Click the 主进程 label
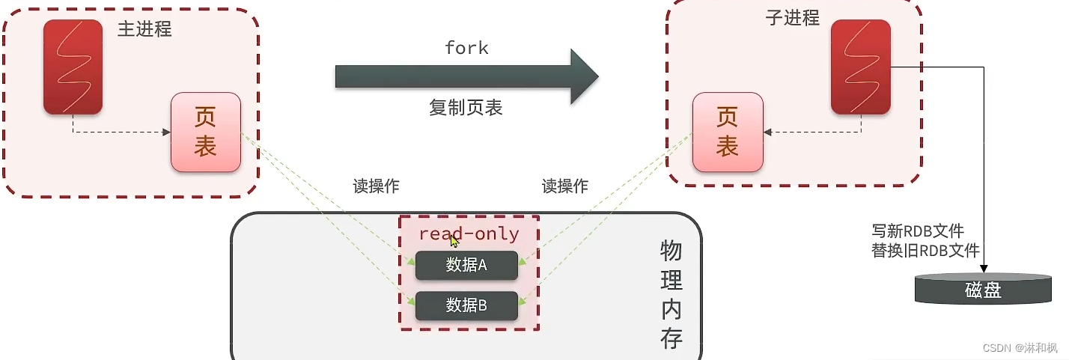144,30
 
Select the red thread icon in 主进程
73,67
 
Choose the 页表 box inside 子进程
727,132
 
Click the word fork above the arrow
466,49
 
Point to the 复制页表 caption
466,108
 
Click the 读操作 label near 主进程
376,186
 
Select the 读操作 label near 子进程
564,186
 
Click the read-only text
469,234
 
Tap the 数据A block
466,265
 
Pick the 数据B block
466,305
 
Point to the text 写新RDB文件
918,231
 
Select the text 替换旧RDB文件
925,251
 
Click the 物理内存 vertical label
671,295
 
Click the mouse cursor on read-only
454,241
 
